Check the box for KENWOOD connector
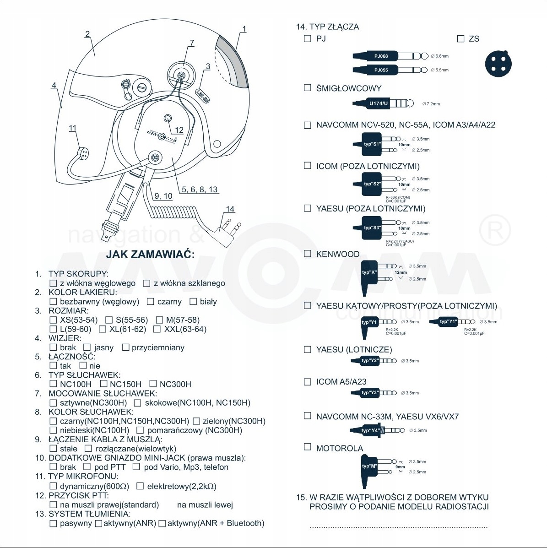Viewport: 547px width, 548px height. (308, 254)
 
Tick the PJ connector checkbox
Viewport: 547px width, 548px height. (308, 38)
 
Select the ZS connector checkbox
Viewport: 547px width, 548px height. (460, 39)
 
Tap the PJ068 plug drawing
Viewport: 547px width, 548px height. (389, 56)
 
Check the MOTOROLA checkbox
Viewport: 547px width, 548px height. (308, 447)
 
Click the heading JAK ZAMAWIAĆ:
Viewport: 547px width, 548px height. (150, 255)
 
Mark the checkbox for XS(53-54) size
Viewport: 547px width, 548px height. (53, 320)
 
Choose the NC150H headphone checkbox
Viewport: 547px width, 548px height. (103, 384)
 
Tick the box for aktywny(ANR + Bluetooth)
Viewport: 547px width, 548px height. (162, 523)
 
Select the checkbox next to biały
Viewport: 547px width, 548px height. (193, 301)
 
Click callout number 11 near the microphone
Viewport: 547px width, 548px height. (72, 128)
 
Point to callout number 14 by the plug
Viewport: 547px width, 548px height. (230, 209)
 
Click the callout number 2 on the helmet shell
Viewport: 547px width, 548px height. (87, 34)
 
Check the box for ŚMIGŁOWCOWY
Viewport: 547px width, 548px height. (308, 87)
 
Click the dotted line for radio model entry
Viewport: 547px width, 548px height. (398, 527)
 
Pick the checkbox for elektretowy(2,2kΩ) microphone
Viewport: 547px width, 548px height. (140, 486)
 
